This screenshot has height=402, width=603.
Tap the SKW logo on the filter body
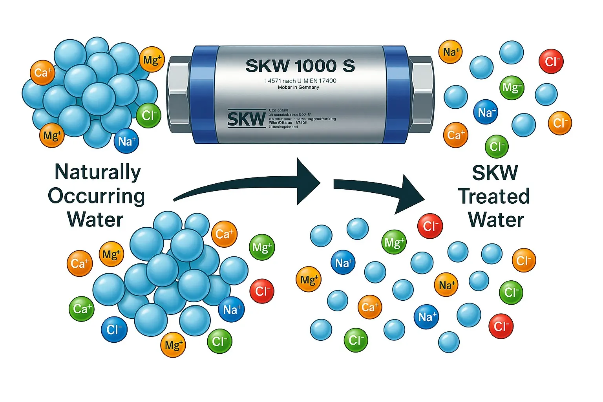[x=246, y=119]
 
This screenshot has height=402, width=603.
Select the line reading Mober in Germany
[x=298, y=87]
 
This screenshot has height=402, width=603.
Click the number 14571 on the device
[x=272, y=81]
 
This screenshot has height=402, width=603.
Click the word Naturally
[x=98, y=172]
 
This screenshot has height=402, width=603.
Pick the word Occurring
[x=97, y=196]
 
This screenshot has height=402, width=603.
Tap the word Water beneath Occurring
[x=95, y=219]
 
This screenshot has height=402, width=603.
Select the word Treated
[x=494, y=196]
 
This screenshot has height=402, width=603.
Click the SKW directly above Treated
[x=495, y=173]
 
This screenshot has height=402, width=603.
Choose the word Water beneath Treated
[x=496, y=220]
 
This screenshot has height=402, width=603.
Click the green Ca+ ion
[x=82, y=309]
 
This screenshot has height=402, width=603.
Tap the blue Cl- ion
[x=114, y=329]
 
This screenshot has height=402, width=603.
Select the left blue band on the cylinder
[x=205, y=94]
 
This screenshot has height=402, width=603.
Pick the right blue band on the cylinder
[x=395, y=94]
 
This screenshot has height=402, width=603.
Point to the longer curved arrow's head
[x=309, y=181]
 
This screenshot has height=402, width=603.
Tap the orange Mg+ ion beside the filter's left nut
[x=152, y=60]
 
